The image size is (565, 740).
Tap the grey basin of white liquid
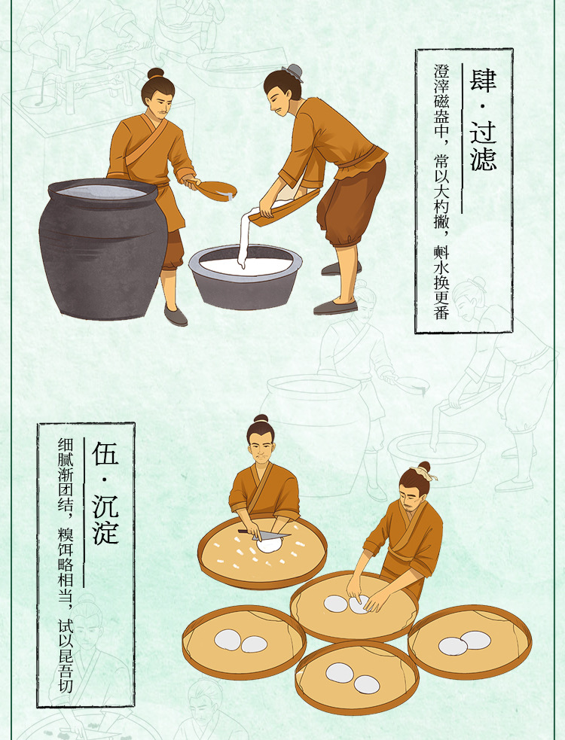pyautogui.click(x=245, y=275)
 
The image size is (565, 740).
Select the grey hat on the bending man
pyautogui.click(x=292, y=72)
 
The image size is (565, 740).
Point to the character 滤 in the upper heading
pyautogui.click(x=482, y=157)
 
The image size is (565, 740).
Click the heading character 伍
pyautogui.click(x=105, y=454)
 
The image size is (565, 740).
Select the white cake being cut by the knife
pyautogui.click(x=270, y=544)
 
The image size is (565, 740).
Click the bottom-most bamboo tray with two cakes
pyautogui.click(x=357, y=677)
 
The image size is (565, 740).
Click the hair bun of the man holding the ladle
pyautogui.click(x=156, y=73)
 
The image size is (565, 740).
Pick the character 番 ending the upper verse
pyautogui.click(x=441, y=311)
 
